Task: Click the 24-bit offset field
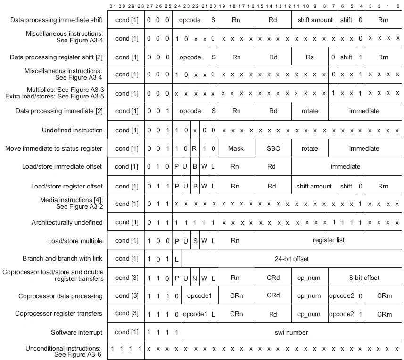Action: [291, 259]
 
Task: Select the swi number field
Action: [291, 332]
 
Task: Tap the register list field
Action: [329, 240]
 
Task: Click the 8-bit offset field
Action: [364, 278]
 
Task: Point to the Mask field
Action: [236, 148]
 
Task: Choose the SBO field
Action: [273, 148]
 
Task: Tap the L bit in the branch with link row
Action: [176, 259]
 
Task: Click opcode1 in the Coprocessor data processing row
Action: [199, 296]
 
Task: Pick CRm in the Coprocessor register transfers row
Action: [384, 314]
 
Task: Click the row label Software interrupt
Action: [76, 332]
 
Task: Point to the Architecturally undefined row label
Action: [67, 222]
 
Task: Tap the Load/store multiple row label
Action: [75, 240]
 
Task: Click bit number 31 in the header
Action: [112, 7]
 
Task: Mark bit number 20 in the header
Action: [214, 7]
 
